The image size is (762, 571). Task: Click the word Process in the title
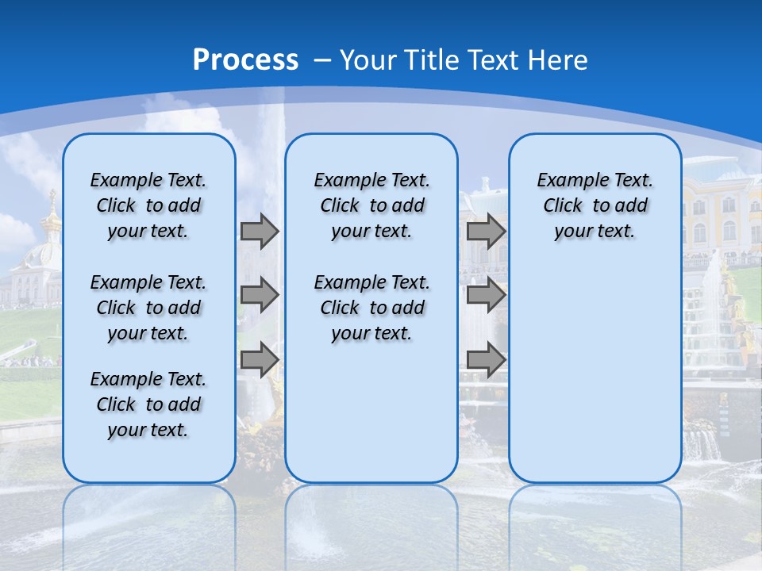coord(245,59)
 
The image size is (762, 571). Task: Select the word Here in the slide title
coord(558,60)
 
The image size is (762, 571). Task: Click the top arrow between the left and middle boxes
coord(260,232)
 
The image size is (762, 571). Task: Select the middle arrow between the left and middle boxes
coord(260,295)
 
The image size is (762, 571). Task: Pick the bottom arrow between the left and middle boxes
coord(260,359)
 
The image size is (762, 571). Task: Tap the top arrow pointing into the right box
coord(486,232)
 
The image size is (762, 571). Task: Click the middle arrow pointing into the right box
coord(486,295)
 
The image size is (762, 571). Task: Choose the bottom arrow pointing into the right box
coord(486,359)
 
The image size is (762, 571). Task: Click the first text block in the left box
coord(148,205)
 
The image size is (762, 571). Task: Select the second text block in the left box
coord(148,308)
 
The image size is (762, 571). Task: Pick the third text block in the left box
coord(148,404)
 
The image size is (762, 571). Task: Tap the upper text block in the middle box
coord(371,205)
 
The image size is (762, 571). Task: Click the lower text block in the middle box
coord(371,308)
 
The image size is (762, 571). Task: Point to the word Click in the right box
coord(563,206)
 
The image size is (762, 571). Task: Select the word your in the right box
coord(572,232)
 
